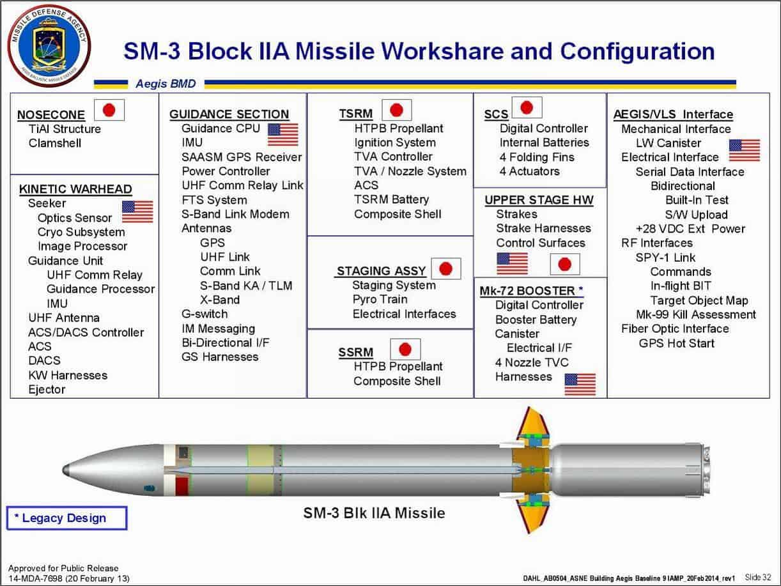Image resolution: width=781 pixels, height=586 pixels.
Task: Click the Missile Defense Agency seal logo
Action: [49, 45]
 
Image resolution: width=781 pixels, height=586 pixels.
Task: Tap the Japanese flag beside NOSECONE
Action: [109, 111]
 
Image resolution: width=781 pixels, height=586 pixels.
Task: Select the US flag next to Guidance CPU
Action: [282, 134]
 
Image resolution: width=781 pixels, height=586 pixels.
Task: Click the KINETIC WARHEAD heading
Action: [75, 189]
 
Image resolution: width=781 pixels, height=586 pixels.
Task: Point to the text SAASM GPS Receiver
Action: [242, 157]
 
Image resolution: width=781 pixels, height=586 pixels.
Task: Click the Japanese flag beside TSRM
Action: [397, 110]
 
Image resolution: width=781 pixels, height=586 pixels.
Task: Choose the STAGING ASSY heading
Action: [381, 271]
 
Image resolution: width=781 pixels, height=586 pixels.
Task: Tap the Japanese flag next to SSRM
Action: [405, 349]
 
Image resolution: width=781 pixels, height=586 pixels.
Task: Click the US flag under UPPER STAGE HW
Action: [512, 263]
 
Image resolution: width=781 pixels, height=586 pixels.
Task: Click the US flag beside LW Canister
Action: [745, 150]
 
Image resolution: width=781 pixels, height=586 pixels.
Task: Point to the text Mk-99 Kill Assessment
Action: [696, 314]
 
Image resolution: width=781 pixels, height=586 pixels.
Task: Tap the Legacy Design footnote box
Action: [66, 518]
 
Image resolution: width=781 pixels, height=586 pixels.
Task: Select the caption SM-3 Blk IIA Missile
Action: [373, 513]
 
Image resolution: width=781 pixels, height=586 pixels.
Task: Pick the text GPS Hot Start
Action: [677, 343]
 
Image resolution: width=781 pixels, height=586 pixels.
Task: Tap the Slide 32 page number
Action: [758, 577]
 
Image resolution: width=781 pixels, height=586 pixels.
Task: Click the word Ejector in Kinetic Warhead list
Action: [47, 389]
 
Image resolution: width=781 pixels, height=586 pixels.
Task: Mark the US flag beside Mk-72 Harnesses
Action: [580, 384]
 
